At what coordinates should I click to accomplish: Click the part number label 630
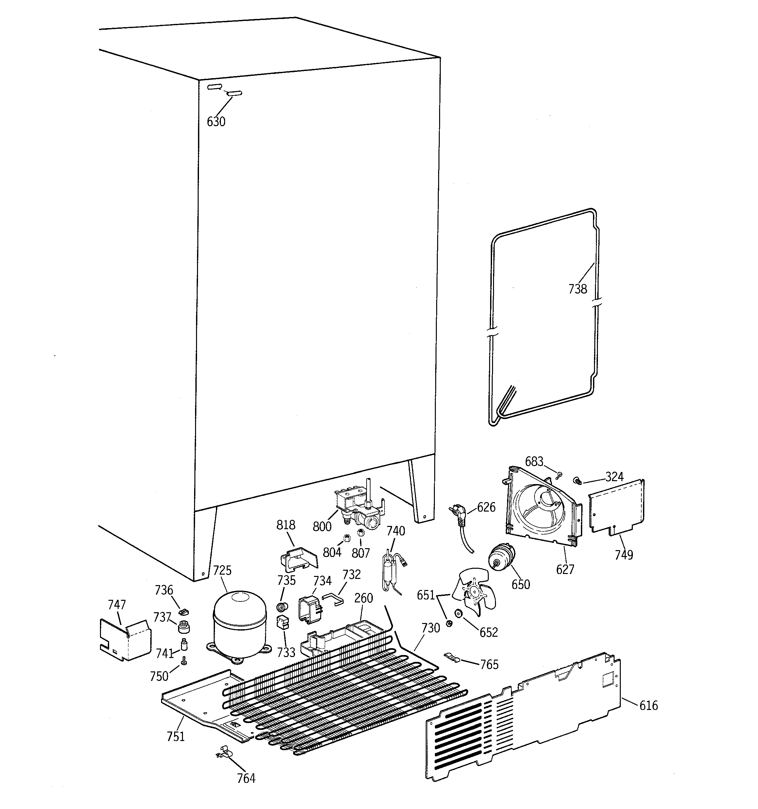click(x=216, y=122)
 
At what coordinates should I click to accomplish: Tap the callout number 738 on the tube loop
click(x=577, y=289)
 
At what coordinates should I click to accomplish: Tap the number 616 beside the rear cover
click(x=648, y=705)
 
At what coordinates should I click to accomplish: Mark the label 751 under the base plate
click(x=175, y=736)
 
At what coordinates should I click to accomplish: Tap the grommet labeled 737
click(x=184, y=626)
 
